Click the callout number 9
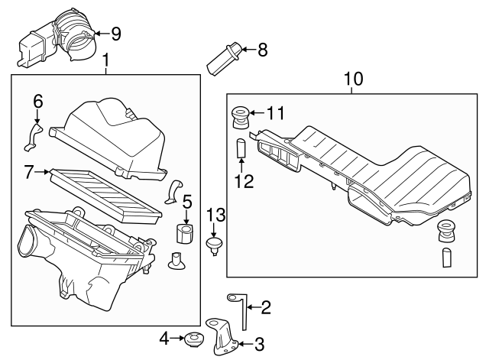coord(115,33)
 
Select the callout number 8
coord(262,50)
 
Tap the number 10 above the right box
coord(353,78)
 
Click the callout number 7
coord(29,173)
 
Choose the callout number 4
coord(164,337)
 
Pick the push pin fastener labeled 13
coord(215,245)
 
